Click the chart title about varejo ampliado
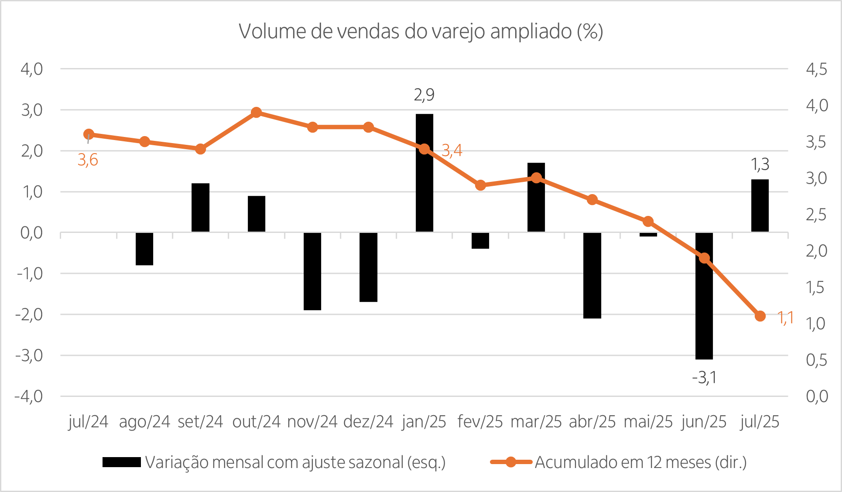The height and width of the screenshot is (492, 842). coord(421,31)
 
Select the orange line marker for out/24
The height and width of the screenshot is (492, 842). coord(257,113)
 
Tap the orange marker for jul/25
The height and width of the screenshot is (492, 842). coord(760,316)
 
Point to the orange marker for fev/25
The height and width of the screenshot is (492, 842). coord(480,185)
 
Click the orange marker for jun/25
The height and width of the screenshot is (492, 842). coord(704,258)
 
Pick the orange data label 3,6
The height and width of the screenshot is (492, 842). coord(88,160)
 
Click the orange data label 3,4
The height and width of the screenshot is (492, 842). coord(452,150)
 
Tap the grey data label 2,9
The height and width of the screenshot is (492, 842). coord(424,95)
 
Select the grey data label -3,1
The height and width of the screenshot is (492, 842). coord(704,377)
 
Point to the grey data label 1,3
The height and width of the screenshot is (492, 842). coord(760,164)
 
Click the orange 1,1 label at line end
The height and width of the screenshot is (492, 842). coord(785,318)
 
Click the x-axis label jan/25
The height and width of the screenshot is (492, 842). coord(424,422)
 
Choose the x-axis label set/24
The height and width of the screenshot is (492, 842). coord(200,422)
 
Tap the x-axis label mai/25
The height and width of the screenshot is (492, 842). coord(648,422)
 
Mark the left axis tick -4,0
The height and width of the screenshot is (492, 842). coord(29,396)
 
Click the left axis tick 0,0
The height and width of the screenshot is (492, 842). coord(31,233)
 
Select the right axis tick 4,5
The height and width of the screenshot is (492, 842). coord(816,69)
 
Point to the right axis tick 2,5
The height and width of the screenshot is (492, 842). coord(816,215)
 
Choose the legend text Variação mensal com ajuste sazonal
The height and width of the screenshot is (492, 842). coord(295,462)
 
